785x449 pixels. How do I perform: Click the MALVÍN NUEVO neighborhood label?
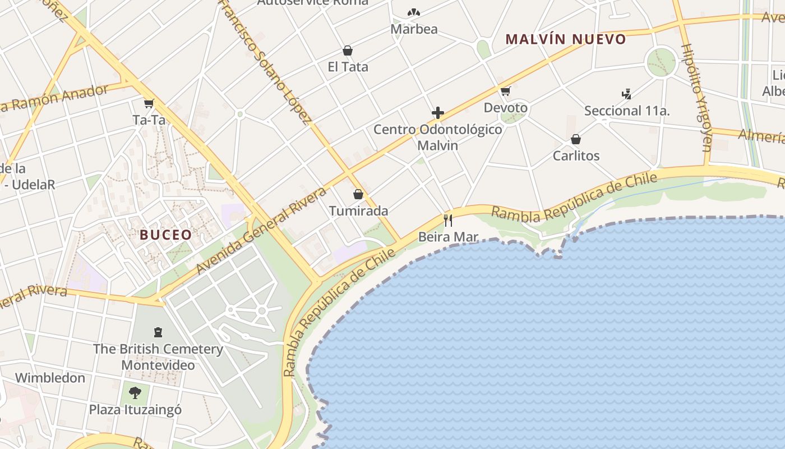coord(565,39)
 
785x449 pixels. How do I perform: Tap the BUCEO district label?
coord(166,235)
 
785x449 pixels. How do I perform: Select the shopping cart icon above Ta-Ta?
coord(149,103)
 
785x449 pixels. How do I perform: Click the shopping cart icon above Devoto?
coord(506,91)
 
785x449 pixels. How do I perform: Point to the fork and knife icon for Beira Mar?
coord(448,220)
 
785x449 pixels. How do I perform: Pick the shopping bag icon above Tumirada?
coord(358,194)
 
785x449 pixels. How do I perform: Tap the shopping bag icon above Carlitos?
coord(576,139)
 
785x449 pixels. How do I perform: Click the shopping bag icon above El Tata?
coord(348,51)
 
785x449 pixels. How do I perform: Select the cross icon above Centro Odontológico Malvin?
coord(438,113)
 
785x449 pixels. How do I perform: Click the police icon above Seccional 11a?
coord(627,94)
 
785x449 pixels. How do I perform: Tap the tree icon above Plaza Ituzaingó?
coord(135,392)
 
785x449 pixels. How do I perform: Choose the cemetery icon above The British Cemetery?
coord(158,332)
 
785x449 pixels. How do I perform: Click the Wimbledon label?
coord(50,378)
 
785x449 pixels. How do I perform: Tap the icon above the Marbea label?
coord(414,12)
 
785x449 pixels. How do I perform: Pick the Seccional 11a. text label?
coord(627,111)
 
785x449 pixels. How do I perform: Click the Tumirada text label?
coord(358,211)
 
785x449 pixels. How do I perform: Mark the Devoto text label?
coord(506,107)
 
